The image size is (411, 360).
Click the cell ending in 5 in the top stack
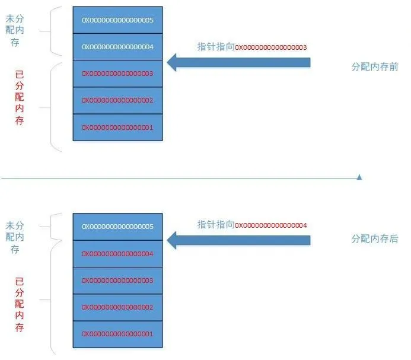click(x=117, y=20)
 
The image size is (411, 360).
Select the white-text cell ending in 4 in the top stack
click(x=117, y=47)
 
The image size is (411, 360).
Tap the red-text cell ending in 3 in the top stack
click(x=117, y=74)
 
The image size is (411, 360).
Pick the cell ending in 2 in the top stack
click(x=117, y=100)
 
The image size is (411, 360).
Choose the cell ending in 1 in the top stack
click(x=117, y=127)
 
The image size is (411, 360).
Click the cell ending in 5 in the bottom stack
click(x=117, y=227)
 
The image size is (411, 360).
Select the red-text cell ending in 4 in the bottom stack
click(x=117, y=254)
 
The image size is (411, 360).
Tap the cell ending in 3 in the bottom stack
click(x=117, y=280)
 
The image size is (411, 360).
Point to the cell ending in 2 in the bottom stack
click(x=117, y=307)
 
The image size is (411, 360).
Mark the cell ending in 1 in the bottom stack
click(x=117, y=334)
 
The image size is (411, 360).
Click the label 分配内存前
click(x=374, y=67)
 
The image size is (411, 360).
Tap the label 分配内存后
click(x=374, y=239)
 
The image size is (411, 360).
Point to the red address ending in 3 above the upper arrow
click(x=271, y=47)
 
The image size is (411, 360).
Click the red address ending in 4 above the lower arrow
click(x=271, y=225)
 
